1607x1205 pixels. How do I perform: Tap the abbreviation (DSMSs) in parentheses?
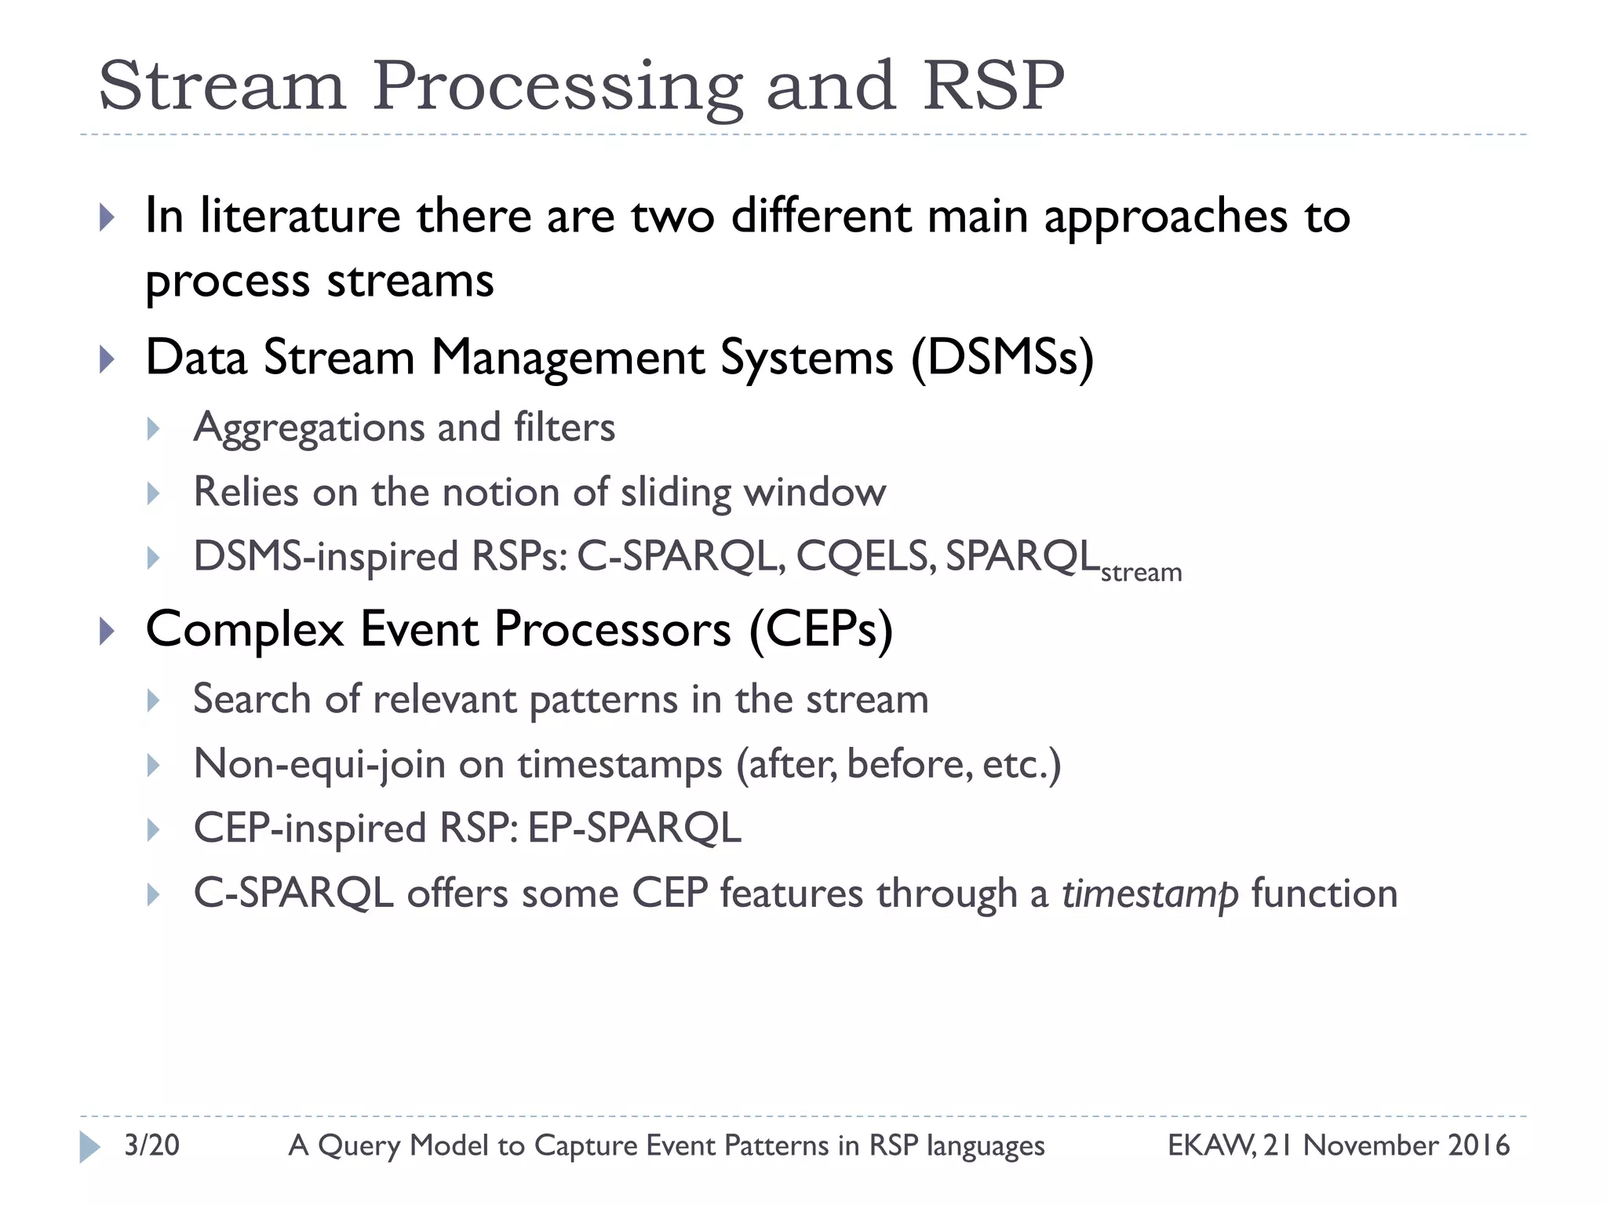1002,359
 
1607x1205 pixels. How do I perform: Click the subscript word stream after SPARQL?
1141,573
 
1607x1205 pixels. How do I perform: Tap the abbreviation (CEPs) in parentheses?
821,630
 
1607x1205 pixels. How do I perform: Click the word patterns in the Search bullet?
603,700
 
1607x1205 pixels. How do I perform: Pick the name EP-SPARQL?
634,828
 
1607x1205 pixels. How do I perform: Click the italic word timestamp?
1150,894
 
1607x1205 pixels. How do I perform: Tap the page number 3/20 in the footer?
151,1145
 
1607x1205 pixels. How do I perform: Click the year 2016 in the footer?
1478,1145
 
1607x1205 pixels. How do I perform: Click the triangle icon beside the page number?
89,1146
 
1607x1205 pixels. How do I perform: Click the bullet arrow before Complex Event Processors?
107,631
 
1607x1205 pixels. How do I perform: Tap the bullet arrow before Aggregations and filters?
154,429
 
